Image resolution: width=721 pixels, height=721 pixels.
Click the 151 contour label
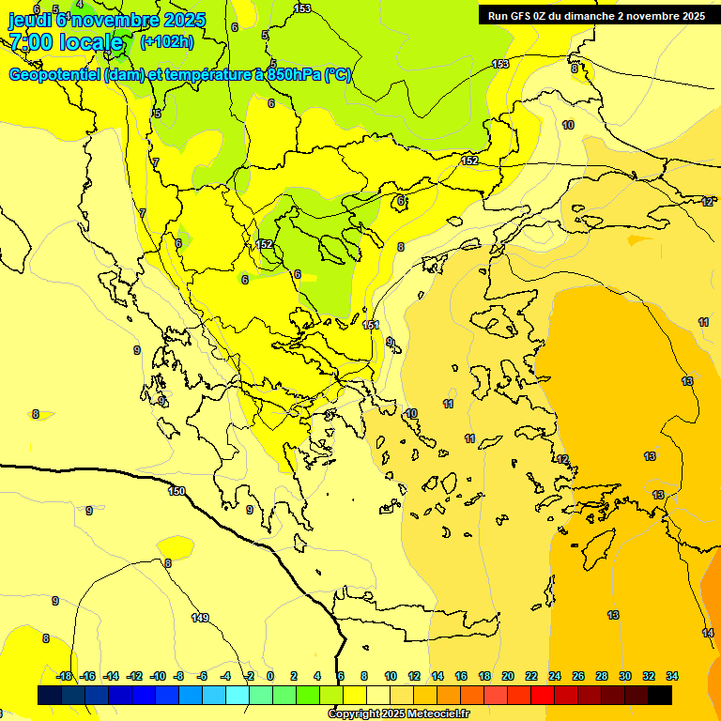[x=372, y=325]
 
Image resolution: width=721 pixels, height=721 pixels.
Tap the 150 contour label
[x=176, y=491]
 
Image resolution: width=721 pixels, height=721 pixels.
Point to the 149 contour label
[x=200, y=617]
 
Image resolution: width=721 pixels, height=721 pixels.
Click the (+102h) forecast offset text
[x=167, y=41]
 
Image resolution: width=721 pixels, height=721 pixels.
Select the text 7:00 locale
[x=66, y=41]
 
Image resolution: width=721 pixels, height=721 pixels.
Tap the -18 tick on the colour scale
[x=64, y=676]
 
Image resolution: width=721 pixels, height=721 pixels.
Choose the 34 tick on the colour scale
[x=672, y=676]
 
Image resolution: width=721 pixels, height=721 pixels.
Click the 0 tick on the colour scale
[x=270, y=676]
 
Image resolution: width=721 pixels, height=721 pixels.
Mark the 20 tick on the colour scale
[x=508, y=676]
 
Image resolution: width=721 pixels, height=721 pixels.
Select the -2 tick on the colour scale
[x=248, y=676]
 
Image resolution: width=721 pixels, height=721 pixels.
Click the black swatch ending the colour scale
[x=660, y=695]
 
